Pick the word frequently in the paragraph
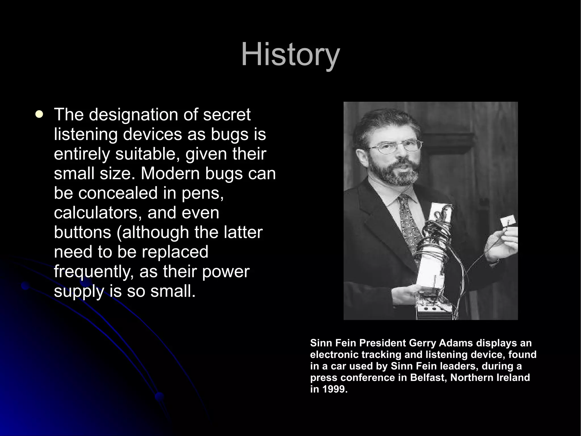coord(94,272)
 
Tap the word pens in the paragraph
coord(202,193)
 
